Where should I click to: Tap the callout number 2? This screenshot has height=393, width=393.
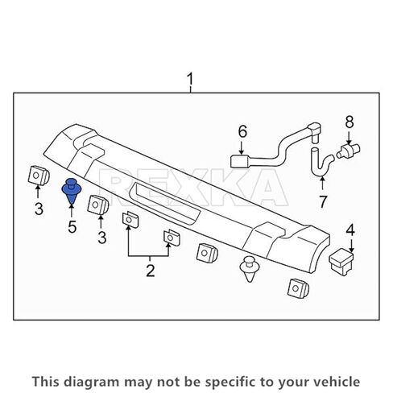click(x=150, y=271)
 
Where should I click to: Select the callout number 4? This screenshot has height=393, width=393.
click(x=350, y=230)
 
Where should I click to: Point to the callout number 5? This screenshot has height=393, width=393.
click(x=72, y=227)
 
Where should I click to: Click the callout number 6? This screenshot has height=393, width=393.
click(x=241, y=131)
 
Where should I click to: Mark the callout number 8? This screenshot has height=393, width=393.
click(x=350, y=122)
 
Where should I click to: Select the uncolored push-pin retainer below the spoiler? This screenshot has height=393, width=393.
click(x=250, y=269)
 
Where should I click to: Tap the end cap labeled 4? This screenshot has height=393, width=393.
click(x=343, y=259)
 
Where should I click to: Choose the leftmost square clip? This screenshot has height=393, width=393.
click(x=37, y=176)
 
